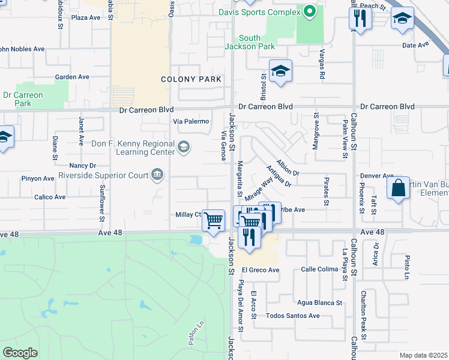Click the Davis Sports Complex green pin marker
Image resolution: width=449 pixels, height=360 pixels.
310,11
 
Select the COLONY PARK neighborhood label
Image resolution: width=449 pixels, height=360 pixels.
191,79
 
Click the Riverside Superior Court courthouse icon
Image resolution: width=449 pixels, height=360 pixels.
157,175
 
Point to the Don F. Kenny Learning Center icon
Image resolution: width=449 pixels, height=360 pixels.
184,146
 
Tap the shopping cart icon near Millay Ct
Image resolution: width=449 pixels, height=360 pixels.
214,220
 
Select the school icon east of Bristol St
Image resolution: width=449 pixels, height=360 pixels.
280,72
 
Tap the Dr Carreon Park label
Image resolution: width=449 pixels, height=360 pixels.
22,99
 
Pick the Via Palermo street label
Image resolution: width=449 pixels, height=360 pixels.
191,121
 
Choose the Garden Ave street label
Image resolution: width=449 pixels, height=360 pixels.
72,77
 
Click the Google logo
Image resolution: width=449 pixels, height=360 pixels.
20,353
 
